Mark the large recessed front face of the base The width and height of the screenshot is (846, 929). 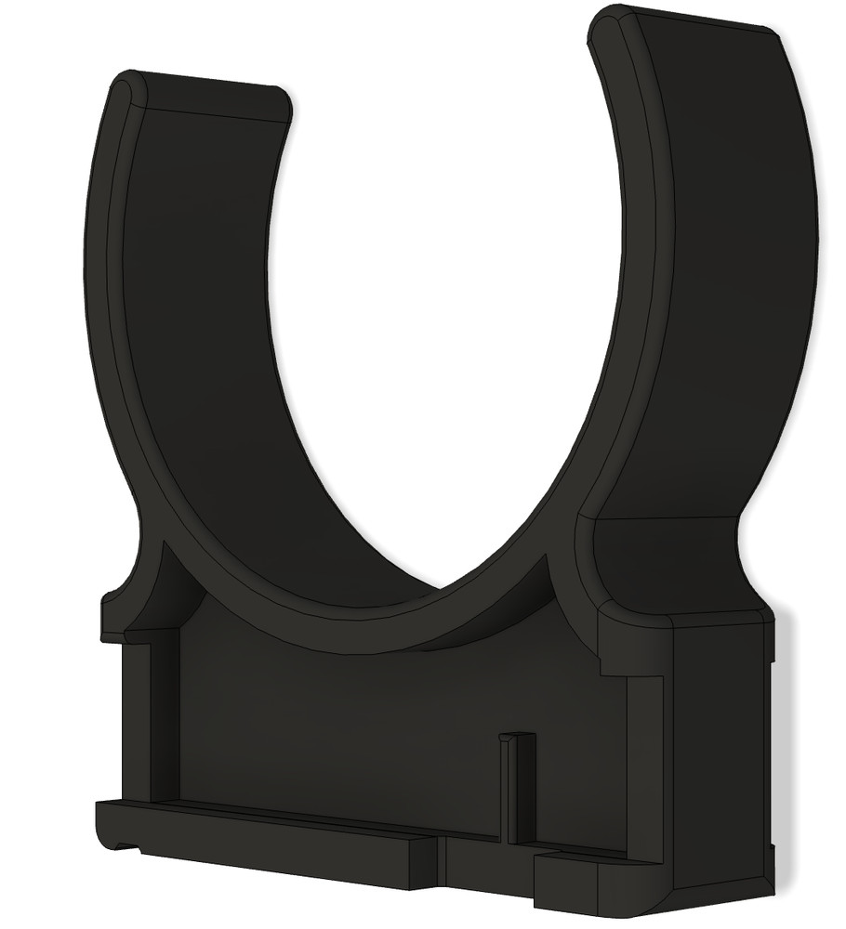coord(372,725)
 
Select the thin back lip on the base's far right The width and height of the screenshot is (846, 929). coord(773,743)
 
